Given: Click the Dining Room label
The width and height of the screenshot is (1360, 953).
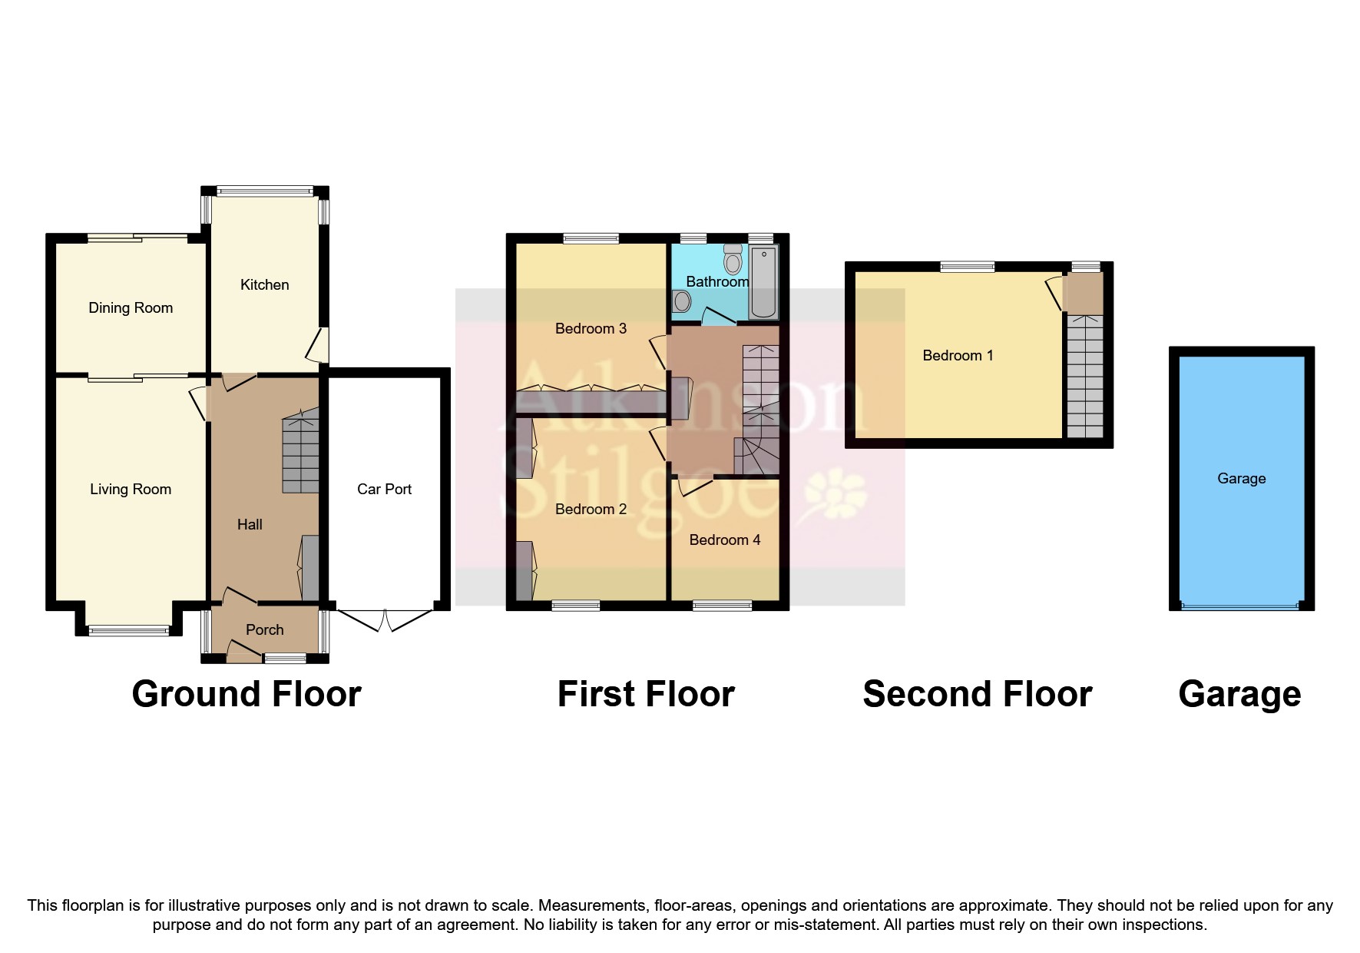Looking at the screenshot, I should [x=131, y=308].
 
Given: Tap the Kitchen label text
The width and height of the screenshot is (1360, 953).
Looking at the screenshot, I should [x=264, y=285].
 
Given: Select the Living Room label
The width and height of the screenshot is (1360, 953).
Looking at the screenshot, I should [x=131, y=490].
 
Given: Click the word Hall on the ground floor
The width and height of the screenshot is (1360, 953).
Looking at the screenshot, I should [x=250, y=525].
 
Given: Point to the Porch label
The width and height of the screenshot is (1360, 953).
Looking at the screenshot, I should [x=264, y=630].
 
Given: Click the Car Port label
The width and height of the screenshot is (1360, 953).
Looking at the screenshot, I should [x=384, y=490].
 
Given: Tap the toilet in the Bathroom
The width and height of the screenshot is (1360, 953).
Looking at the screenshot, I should [x=733, y=261].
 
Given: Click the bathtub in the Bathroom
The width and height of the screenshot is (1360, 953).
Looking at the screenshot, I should [x=763, y=283].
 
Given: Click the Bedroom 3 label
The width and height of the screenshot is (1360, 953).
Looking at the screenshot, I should [x=591, y=329].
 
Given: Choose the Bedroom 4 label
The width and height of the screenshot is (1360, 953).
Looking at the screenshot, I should [x=724, y=540].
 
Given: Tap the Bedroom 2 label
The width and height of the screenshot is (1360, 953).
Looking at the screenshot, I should [x=591, y=510].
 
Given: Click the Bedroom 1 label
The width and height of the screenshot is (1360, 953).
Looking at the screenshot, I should [x=958, y=356].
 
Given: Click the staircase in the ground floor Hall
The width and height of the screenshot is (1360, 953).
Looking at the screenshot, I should [x=300, y=453].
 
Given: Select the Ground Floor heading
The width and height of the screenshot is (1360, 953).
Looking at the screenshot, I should [x=246, y=694].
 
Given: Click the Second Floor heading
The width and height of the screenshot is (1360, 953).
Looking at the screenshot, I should [x=977, y=694].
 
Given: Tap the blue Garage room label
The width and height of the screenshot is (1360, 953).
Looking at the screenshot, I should [x=1241, y=479].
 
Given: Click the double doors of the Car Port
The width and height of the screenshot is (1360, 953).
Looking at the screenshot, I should [x=385, y=619].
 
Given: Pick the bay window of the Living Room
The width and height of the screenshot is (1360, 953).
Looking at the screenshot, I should [x=128, y=631].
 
